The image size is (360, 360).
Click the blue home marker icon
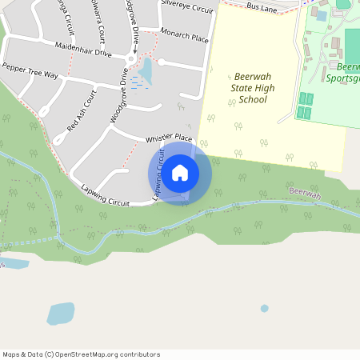[x=180, y=173]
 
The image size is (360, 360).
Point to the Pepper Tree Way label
[x=30, y=70]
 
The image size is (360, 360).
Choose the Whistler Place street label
[x=169, y=139]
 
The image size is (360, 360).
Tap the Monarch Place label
[x=185, y=38]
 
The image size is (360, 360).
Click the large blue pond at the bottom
[x=60, y=313]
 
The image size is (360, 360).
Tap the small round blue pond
[x=264, y=308]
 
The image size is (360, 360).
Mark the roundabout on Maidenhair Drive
[x=131, y=58]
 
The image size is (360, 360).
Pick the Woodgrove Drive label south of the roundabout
[x=118, y=96]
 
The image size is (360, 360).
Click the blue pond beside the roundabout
[x=145, y=72]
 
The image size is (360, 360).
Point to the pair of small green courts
[x=304, y=106]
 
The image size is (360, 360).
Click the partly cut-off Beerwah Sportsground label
[x=344, y=73]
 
